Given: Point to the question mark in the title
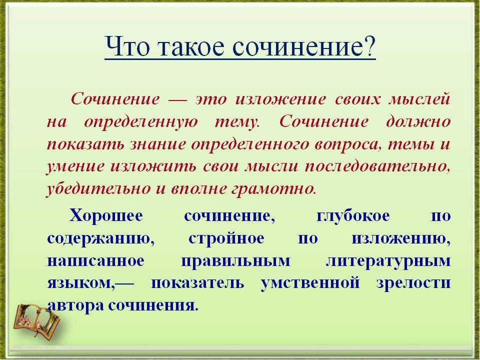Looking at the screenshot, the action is [368, 46].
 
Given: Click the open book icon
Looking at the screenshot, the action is [36, 320].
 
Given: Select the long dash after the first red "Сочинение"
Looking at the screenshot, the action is [178, 100].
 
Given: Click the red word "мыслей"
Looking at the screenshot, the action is [419, 99].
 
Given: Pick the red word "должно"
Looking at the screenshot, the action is [418, 122].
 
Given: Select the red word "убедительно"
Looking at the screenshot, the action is [98, 188].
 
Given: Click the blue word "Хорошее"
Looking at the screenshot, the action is [106, 215].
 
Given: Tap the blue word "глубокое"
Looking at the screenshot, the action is [353, 216].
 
